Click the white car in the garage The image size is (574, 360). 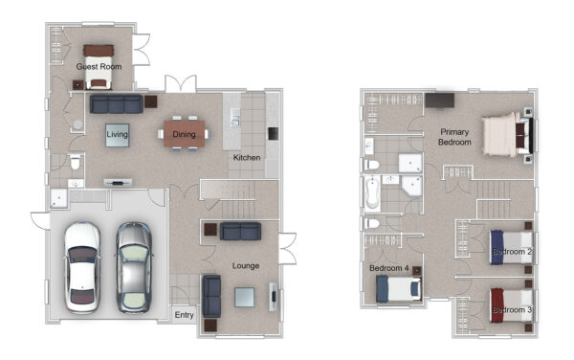(x=82, y=267)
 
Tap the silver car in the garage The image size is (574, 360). (x=134, y=267)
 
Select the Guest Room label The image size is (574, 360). (x=99, y=66)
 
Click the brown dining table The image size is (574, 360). (x=184, y=134)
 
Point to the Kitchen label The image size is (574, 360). (x=247, y=157)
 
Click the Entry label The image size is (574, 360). (x=184, y=315)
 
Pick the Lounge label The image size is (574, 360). (x=246, y=265)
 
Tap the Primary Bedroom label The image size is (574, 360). (x=454, y=137)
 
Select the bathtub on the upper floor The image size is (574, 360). (x=372, y=193)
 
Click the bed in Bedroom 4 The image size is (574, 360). (x=399, y=288)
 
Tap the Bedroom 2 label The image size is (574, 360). (x=512, y=252)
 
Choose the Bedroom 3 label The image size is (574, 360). (x=512, y=310)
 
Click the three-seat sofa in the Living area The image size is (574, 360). (x=117, y=104)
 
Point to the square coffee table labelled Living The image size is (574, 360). (x=117, y=135)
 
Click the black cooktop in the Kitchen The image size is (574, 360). (x=273, y=133)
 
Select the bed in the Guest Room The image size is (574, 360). (x=99, y=67)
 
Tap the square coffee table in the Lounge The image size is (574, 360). (x=245, y=297)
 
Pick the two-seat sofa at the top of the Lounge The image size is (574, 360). (x=240, y=232)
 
